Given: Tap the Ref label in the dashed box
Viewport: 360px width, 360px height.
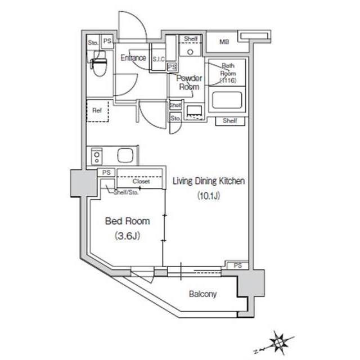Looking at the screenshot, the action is (x=97, y=110).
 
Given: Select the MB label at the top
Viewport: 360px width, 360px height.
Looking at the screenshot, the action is (x=224, y=42).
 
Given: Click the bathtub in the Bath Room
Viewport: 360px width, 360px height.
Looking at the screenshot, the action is (x=227, y=100).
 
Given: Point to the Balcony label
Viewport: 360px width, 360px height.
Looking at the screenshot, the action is (x=202, y=294).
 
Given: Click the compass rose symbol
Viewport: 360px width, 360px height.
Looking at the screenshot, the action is (x=278, y=342).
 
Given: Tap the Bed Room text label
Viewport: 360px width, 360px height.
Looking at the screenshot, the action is (x=128, y=221).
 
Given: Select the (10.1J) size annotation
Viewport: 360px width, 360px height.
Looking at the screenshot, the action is (x=209, y=196).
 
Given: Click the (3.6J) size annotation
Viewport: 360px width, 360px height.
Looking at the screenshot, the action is (x=128, y=236).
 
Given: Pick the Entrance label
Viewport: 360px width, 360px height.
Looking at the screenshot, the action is (x=133, y=57).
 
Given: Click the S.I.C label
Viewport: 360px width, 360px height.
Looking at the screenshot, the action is (x=159, y=59).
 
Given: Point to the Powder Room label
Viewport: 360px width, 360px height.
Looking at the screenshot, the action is (x=189, y=83).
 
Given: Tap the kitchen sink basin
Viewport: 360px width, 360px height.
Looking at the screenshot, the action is (x=125, y=155).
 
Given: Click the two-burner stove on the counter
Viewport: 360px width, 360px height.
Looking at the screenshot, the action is (x=97, y=156).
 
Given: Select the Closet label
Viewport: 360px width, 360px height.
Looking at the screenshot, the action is (x=141, y=181).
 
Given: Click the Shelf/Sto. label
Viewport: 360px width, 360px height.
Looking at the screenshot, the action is (x=126, y=192).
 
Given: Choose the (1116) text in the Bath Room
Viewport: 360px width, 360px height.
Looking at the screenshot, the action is (x=228, y=80).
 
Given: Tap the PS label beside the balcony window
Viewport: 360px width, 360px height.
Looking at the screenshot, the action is (x=238, y=265).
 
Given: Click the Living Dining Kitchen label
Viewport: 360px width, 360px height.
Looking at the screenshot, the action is (x=209, y=181).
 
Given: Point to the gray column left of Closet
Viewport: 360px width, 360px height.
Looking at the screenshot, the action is (x=83, y=183).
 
